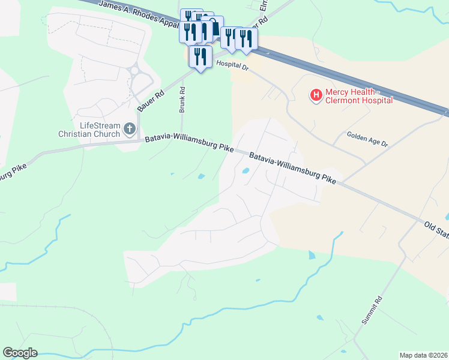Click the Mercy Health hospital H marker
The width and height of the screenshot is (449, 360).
pos(315,95)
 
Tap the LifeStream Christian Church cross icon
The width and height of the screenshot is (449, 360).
pos(129,128)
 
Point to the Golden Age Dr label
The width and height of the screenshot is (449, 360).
pos(367,140)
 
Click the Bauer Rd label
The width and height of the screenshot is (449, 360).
pos(151,100)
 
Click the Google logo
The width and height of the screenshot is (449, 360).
pos(20,353)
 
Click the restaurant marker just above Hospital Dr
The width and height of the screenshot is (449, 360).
pos(200,57)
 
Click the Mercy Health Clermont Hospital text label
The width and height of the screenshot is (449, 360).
pos(358,96)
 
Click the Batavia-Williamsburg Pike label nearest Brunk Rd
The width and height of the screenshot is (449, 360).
pos(188,143)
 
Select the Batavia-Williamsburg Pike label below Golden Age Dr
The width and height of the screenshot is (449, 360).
pos(292,167)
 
